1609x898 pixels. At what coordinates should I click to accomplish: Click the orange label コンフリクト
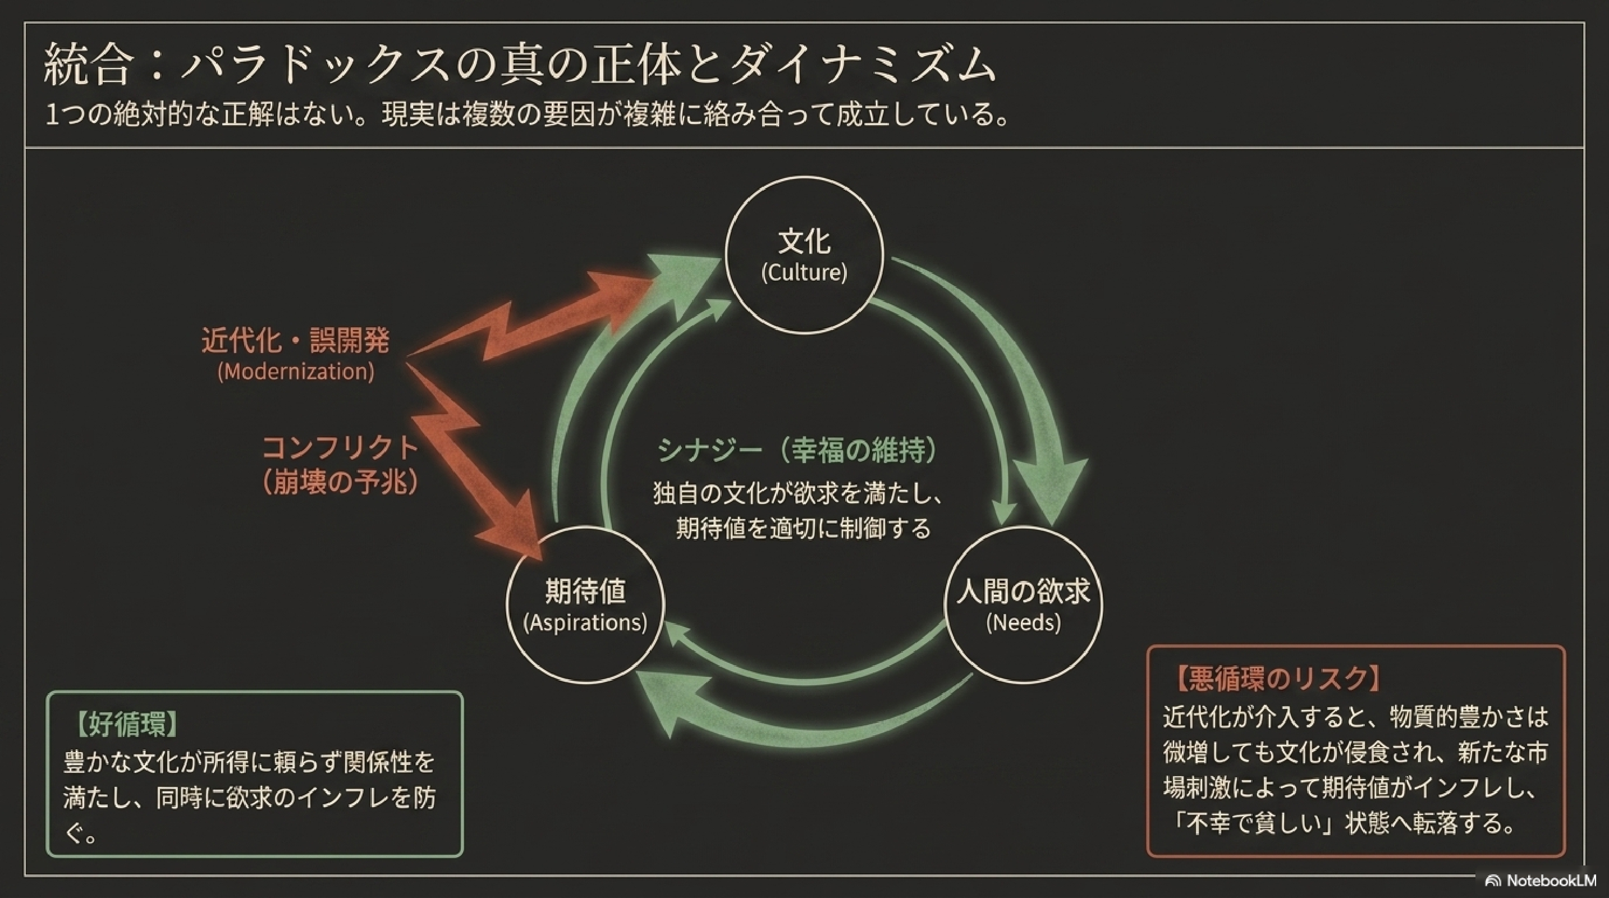pos(340,447)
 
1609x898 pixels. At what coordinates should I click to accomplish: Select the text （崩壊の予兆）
pos(340,482)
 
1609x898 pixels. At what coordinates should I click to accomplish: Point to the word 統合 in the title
pos(88,63)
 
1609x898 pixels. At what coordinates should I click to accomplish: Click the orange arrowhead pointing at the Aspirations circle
pos(512,531)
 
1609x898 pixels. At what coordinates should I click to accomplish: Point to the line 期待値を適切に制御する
pos(803,528)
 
